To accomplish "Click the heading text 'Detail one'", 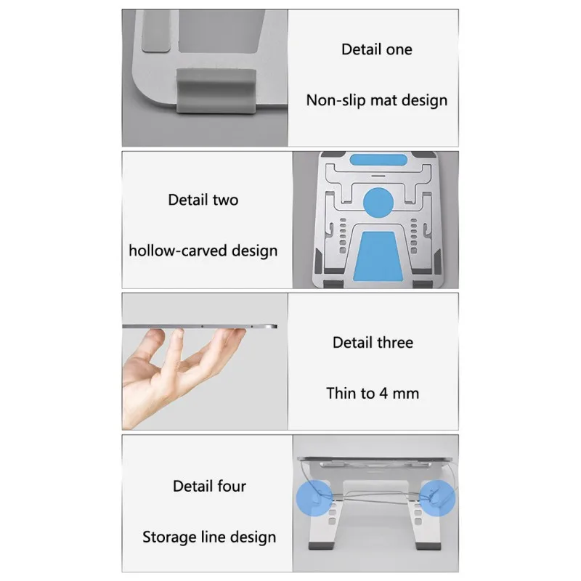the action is (x=377, y=49).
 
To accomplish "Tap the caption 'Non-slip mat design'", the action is (x=377, y=100).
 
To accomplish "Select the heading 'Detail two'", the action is (x=203, y=200).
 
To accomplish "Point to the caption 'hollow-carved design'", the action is (x=203, y=251).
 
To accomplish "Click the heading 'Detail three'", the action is (x=373, y=342).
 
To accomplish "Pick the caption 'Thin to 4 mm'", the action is (x=373, y=393).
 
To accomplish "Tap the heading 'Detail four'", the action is (x=209, y=486).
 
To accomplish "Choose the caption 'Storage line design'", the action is (x=209, y=537).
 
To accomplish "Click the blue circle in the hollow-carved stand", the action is (x=378, y=203).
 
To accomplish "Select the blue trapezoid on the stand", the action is (x=378, y=256).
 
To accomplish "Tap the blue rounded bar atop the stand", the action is (x=378, y=160).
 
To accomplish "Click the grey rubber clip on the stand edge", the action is (x=216, y=91).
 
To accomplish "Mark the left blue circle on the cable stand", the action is (x=314, y=498).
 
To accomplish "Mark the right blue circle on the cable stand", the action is (x=437, y=498).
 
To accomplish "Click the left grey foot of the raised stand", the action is (x=320, y=546).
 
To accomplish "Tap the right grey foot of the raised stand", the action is (x=428, y=546).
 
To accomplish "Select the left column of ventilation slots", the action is (x=343, y=235).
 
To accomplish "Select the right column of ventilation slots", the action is (x=414, y=235).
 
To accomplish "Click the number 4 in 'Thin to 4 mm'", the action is (x=383, y=394).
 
